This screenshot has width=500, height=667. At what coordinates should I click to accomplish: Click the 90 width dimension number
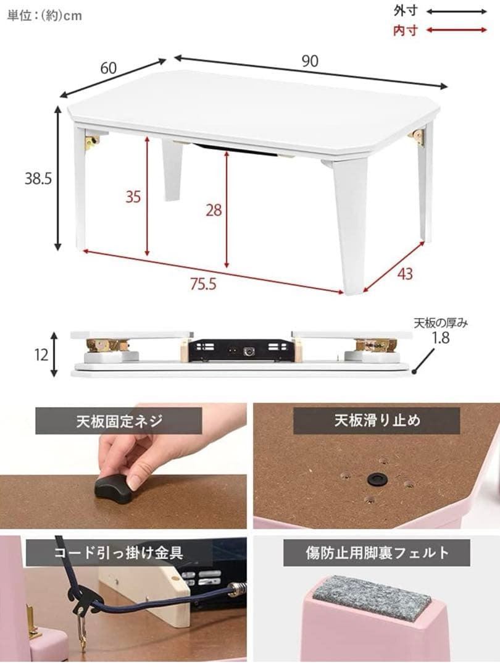pos(310,61)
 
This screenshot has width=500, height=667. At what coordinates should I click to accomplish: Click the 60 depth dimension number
pos(108,69)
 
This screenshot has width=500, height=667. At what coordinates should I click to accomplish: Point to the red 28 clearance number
pos(214,210)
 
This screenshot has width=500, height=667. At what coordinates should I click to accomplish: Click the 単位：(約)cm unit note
pos(44,15)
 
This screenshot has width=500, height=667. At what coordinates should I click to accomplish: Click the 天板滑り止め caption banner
pos(377,421)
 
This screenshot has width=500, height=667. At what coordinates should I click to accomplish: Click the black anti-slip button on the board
pos(375,478)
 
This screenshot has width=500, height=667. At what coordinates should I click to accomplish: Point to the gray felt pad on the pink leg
pos(372,597)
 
